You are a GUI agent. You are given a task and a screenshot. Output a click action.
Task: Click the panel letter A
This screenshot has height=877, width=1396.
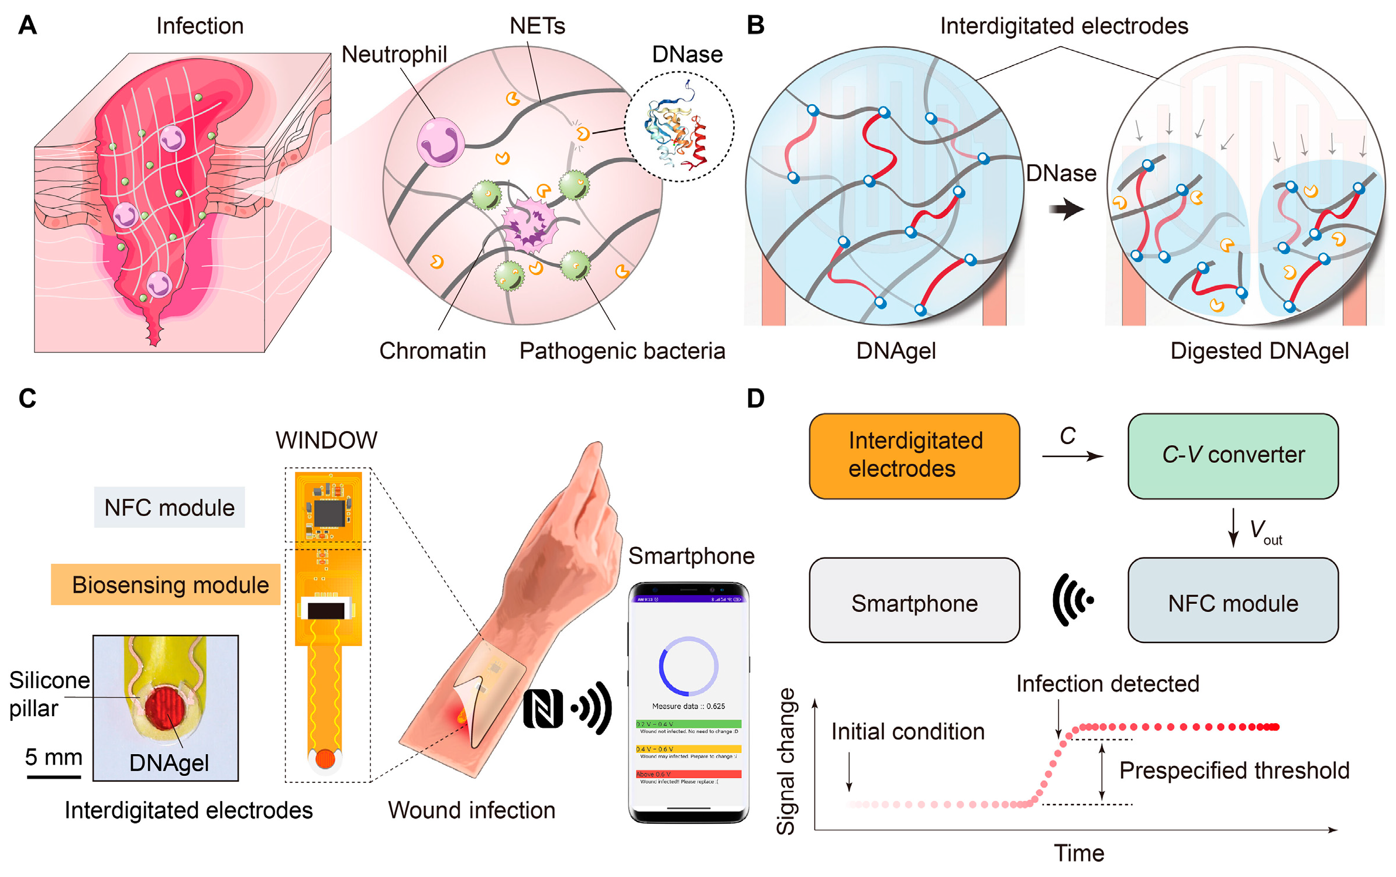pyautogui.click(x=27, y=25)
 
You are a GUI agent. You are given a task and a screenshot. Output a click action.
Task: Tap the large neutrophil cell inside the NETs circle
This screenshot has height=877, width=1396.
pyautogui.click(x=440, y=142)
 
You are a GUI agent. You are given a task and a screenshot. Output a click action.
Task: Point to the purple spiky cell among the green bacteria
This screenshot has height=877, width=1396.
pyautogui.click(x=530, y=225)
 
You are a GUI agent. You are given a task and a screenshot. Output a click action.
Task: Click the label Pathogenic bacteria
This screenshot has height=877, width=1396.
pyautogui.click(x=622, y=351)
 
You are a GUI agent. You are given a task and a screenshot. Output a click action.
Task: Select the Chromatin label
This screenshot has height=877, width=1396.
pyautogui.click(x=432, y=351)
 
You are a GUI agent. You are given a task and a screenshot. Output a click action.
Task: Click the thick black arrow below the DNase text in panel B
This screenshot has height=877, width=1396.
pyautogui.click(x=1066, y=209)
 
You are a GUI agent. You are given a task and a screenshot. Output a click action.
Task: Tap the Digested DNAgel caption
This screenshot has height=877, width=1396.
pyautogui.click(x=1259, y=351)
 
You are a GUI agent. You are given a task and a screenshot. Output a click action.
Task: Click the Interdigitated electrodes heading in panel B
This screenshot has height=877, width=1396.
pyautogui.click(x=1064, y=26)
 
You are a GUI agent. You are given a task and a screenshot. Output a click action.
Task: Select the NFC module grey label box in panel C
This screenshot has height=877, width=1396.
pyautogui.click(x=170, y=507)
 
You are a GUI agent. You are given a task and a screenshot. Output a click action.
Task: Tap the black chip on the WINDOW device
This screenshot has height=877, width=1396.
pyautogui.click(x=329, y=513)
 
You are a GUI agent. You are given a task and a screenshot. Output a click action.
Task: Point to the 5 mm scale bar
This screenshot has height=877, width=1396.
pyautogui.click(x=53, y=777)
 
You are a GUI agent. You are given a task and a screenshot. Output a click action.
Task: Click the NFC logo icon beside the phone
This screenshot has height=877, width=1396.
pyautogui.click(x=542, y=709)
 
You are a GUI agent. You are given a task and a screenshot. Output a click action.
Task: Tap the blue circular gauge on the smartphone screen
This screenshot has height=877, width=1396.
pyautogui.click(x=688, y=666)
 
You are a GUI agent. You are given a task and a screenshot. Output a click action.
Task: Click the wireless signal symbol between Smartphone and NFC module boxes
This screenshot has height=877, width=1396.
pyautogui.click(x=1072, y=600)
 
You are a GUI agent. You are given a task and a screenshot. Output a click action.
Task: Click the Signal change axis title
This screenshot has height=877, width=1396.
pyautogui.click(x=786, y=761)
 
